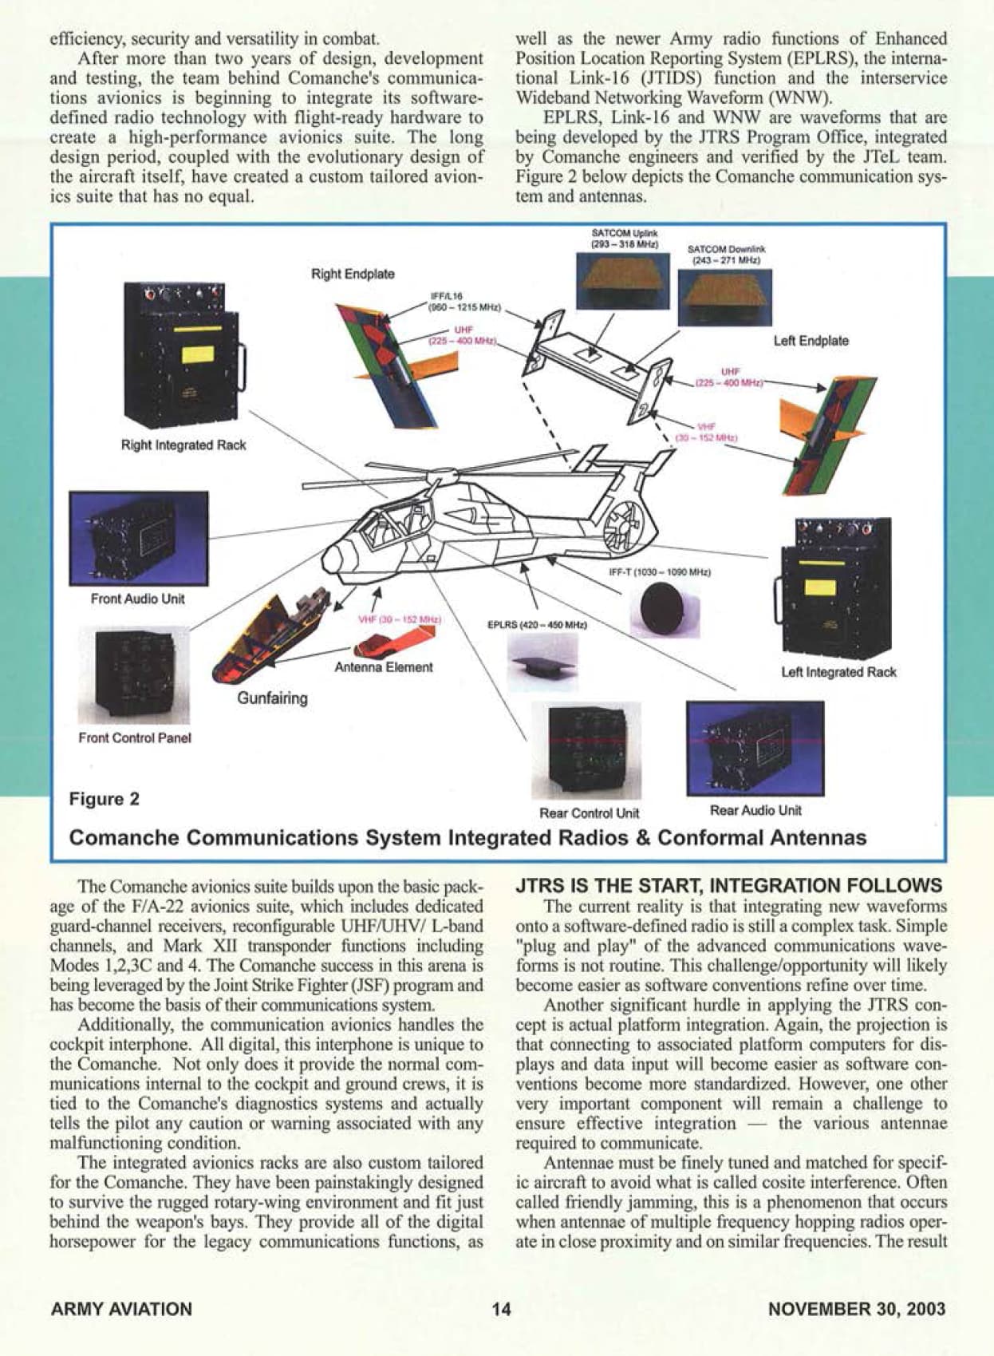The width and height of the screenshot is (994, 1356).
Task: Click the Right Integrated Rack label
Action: click(x=183, y=445)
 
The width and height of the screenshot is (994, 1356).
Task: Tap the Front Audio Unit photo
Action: click(x=139, y=538)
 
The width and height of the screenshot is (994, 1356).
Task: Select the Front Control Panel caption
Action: click(x=135, y=738)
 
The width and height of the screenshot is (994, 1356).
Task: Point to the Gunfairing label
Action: click(x=272, y=698)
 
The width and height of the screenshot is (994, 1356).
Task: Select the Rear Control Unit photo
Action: click(x=586, y=751)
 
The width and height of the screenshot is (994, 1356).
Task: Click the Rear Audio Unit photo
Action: click(x=755, y=749)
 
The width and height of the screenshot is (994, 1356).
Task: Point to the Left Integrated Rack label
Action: click(x=838, y=672)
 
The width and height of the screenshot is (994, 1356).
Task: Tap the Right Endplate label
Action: click(x=353, y=275)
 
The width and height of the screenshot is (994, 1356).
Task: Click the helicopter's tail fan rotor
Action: click(x=625, y=524)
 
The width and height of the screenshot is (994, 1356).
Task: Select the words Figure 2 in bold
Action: click(x=104, y=799)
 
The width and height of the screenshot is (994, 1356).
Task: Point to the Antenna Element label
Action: click(x=384, y=667)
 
